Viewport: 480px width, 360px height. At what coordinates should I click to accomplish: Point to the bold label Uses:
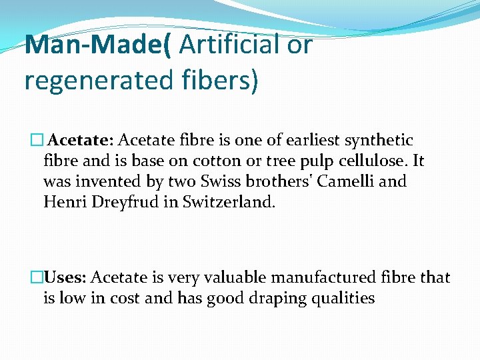[x=65, y=277]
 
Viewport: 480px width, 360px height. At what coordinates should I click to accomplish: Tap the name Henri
[x=62, y=201]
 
